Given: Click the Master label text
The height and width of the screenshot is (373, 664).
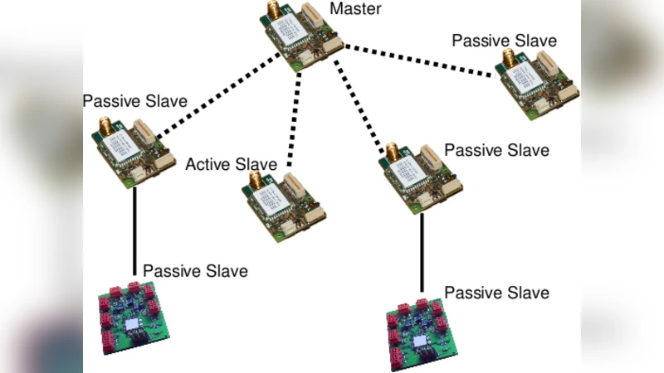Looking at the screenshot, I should [x=355, y=9].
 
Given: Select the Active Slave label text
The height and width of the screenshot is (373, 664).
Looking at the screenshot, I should [x=230, y=164].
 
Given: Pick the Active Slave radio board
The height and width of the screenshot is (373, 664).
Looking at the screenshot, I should [x=283, y=206].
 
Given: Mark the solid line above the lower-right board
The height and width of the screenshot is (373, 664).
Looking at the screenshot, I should [x=422, y=254].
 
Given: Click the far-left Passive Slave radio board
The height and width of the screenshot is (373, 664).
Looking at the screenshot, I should [x=132, y=150].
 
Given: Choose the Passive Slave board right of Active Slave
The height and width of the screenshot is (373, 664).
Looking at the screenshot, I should [x=420, y=178].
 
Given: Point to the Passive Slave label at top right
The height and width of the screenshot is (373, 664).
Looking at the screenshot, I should [x=504, y=40].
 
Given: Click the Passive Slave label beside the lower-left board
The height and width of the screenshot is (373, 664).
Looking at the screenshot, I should [x=195, y=270].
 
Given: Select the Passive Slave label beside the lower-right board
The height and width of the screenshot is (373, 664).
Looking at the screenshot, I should [x=496, y=293].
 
